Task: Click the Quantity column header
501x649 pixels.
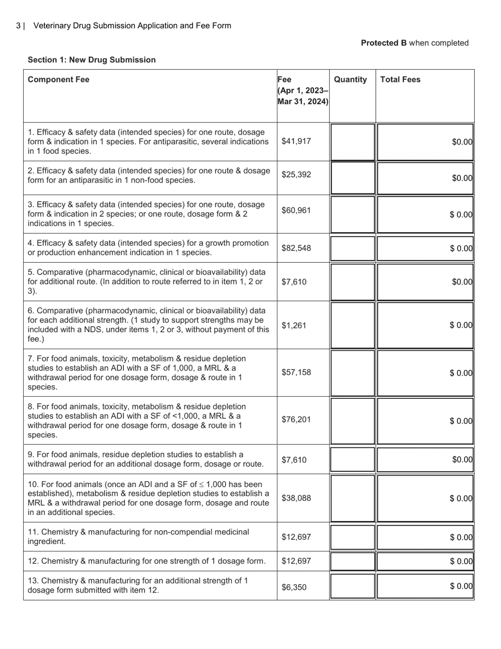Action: point(350,80)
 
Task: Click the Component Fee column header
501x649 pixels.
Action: point(59,80)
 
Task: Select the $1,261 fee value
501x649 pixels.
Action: point(294,325)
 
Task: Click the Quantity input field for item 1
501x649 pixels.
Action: point(352,141)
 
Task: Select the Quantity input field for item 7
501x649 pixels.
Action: point(352,373)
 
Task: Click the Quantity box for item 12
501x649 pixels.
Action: point(352,561)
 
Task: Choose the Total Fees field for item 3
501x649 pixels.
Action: point(425,214)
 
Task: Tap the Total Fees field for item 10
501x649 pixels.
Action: point(425,498)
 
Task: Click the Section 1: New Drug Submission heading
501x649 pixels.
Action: point(92,60)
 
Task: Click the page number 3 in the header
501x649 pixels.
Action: point(18,25)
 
